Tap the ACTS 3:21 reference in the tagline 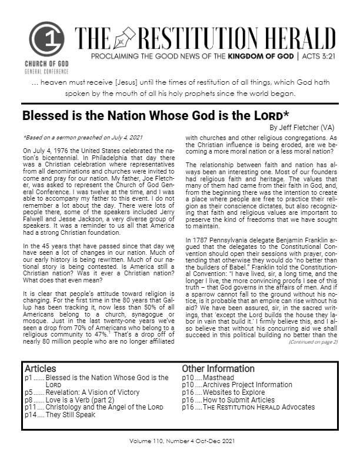click(322, 58)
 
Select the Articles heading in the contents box click(41, 369)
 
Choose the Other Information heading click(218, 369)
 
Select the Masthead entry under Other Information click(218, 377)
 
